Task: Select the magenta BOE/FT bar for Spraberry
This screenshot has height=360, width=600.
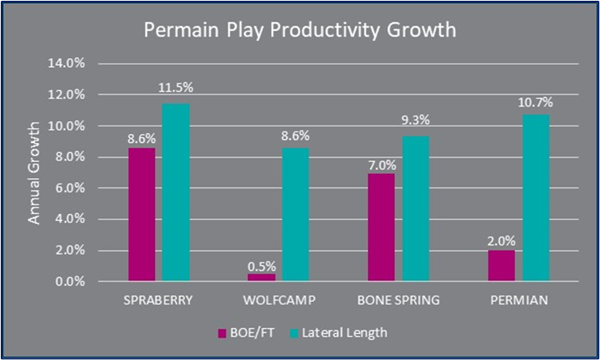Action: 141,215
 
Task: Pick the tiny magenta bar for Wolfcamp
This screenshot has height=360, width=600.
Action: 261,277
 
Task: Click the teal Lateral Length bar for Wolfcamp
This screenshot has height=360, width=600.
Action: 296,215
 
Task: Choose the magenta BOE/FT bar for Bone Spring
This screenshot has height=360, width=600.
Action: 381,227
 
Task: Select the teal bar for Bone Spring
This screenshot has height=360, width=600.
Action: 416,209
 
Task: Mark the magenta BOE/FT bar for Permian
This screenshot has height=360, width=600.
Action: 501,265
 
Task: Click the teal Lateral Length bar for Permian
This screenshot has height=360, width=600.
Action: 536,198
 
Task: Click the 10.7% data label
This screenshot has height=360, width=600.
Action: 536,103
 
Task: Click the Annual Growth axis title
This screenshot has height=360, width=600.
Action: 34,172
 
